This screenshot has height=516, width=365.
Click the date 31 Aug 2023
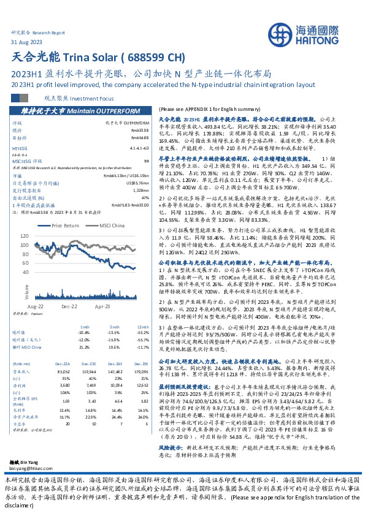click(x=27, y=40)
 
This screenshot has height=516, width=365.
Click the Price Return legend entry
click(x=66, y=226)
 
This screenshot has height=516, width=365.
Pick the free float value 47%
click(x=145, y=197)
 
